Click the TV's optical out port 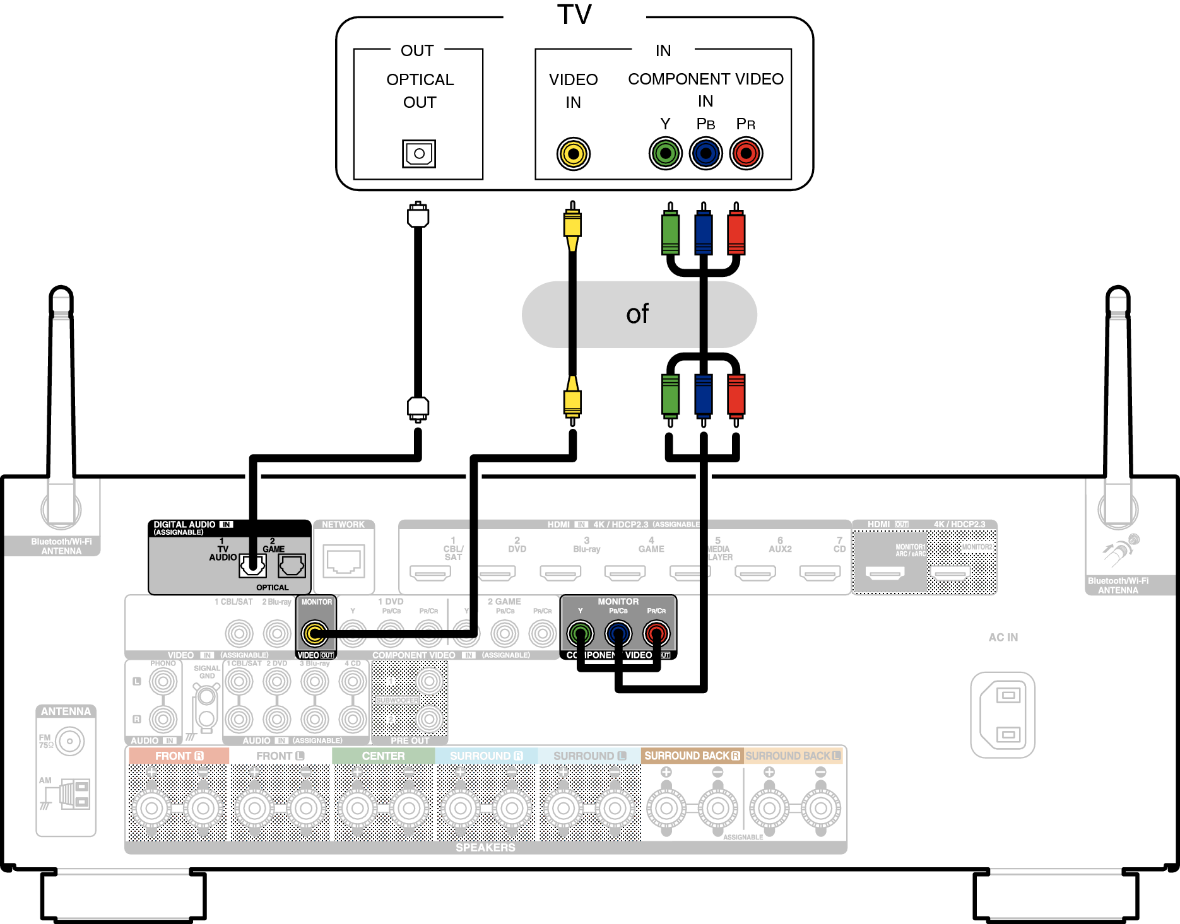coord(419,153)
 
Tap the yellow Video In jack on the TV coord(573,153)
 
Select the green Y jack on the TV coord(665,153)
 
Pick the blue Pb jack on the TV coord(705,153)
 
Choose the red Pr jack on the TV coord(746,153)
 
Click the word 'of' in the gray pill coord(637,314)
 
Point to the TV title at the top coord(574,15)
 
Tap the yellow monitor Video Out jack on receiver coord(315,633)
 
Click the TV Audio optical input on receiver coord(252,566)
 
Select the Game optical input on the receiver coord(292,566)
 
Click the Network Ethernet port coord(344,561)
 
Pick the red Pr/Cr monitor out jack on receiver coord(656,633)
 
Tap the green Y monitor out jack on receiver coord(581,633)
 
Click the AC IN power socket coord(1003,715)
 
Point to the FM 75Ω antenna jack coord(69,741)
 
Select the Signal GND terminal coord(206,698)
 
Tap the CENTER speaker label coord(383,756)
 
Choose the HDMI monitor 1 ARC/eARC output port coord(885,573)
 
